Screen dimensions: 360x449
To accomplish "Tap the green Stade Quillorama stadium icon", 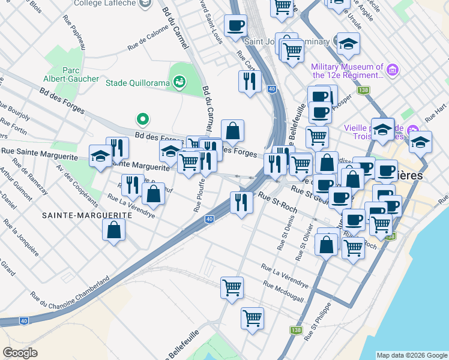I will pyautogui.click(x=179, y=82).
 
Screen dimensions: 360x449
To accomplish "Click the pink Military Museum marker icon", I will pyautogui.click(x=393, y=71).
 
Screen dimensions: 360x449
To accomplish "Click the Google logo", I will pyautogui.click(x=20, y=353).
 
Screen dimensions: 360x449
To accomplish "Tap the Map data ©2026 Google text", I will pyautogui.click(x=411, y=355).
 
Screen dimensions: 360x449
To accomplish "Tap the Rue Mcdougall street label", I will pyautogui.click(x=283, y=292).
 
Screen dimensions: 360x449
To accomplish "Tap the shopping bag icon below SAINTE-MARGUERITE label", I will pyautogui.click(x=113, y=230).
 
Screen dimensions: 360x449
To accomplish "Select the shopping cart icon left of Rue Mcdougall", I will pyautogui.click(x=232, y=288).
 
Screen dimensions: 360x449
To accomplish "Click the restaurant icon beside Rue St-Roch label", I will pyautogui.click(x=242, y=202).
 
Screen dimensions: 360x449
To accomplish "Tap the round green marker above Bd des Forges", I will pyautogui.click(x=142, y=120).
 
